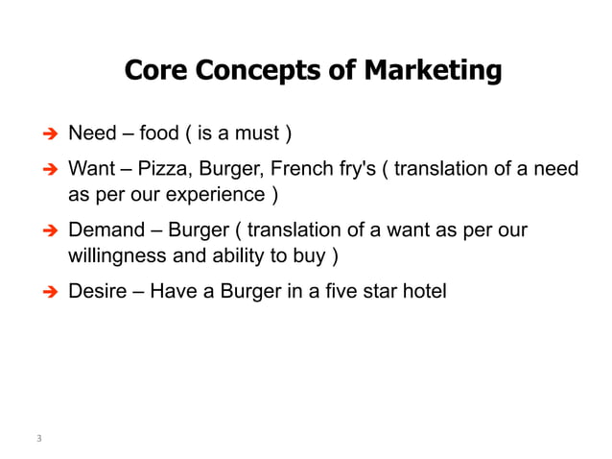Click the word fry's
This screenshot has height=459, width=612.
(x=358, y=169)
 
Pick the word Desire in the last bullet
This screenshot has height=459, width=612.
(x=97, y=289)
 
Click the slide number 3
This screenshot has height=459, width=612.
(x=39, y=439)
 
